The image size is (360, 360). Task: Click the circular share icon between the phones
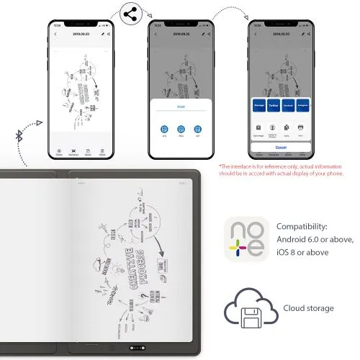click(x=130, y=14)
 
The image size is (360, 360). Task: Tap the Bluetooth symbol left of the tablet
click(x=19, y=135)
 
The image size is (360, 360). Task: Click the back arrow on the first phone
click(x=56, y=34)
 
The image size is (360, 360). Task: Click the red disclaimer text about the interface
click(x=282, y=170)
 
